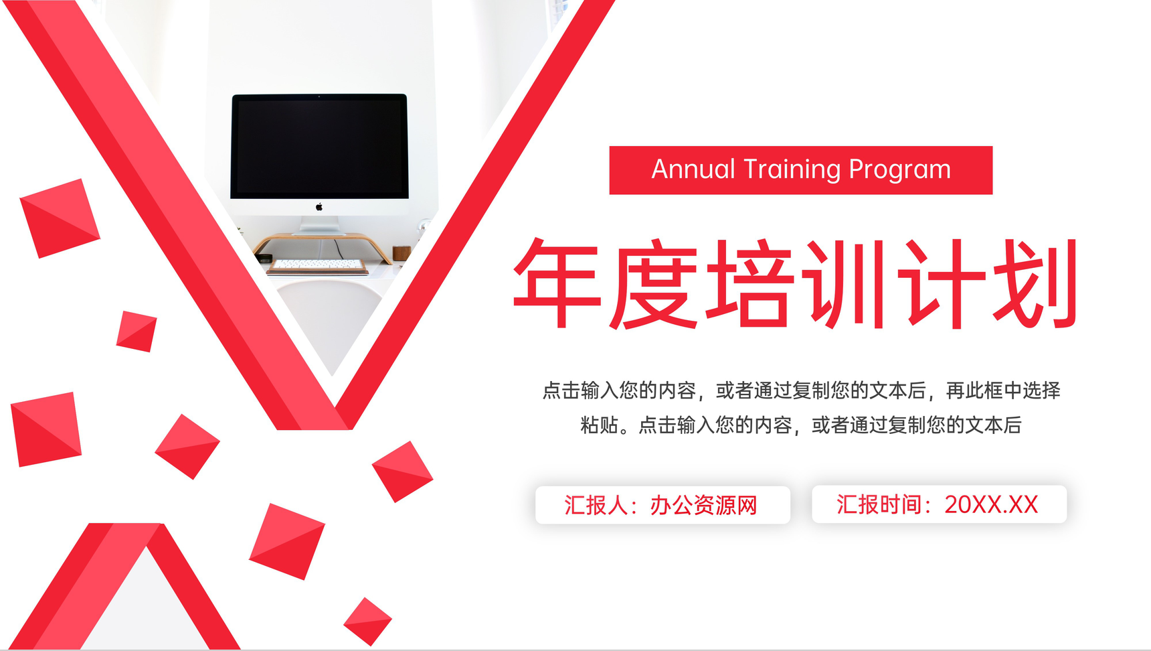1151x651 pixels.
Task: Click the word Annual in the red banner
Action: click(693, 169)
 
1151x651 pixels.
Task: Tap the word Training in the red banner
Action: click(792, 169)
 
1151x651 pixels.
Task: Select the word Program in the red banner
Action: click(899, 170)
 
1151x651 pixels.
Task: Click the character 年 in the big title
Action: click(557, 283)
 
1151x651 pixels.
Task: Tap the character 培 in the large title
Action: click(748, 283)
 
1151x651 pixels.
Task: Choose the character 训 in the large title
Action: click(845, 283)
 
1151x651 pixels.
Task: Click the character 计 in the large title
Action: click(940, 283)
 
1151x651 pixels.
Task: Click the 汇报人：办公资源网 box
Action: click(662, 505)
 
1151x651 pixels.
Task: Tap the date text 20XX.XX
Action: click(991, 505)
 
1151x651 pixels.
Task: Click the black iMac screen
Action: click(319, 146)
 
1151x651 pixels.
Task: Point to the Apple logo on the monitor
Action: click(319, 207)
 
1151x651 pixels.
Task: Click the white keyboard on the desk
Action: click(318, 265)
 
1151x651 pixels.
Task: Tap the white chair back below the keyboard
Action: click(331, 315)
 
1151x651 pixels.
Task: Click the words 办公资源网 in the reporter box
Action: click(703, 505)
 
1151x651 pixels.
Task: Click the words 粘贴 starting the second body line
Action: click(599, 425)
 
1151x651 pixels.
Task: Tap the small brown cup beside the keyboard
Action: click(401, 253)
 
